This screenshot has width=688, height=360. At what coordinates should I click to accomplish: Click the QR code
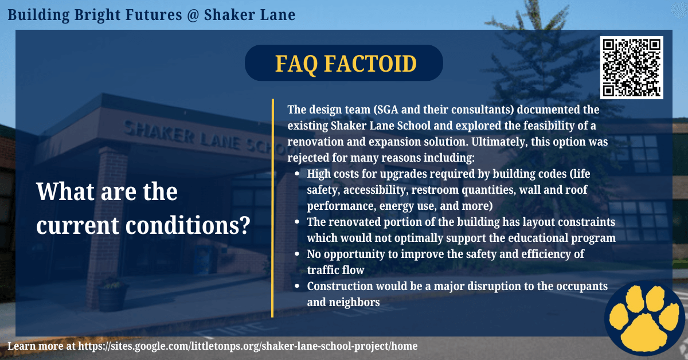[x=631, y=68]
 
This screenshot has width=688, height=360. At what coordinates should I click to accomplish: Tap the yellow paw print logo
[x=645, y=318]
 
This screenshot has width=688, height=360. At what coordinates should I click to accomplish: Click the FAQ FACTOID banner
[x=343, y=63]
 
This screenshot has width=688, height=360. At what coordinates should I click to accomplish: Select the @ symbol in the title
[x=193, y=15]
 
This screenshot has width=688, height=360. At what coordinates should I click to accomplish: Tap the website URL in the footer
[x=248, y=346]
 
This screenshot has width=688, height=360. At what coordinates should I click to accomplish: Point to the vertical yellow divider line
[x=272, y=208]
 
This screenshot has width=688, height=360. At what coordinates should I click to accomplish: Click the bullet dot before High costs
[x=297, y=174]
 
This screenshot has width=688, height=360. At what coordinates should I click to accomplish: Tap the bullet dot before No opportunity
[x=297, y=254]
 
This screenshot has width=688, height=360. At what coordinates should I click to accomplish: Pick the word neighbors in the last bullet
[x=354, y=303]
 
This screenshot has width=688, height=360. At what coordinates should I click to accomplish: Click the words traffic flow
[x=335, y=270]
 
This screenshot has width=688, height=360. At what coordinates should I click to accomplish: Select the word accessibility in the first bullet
[x=376, y=190]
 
